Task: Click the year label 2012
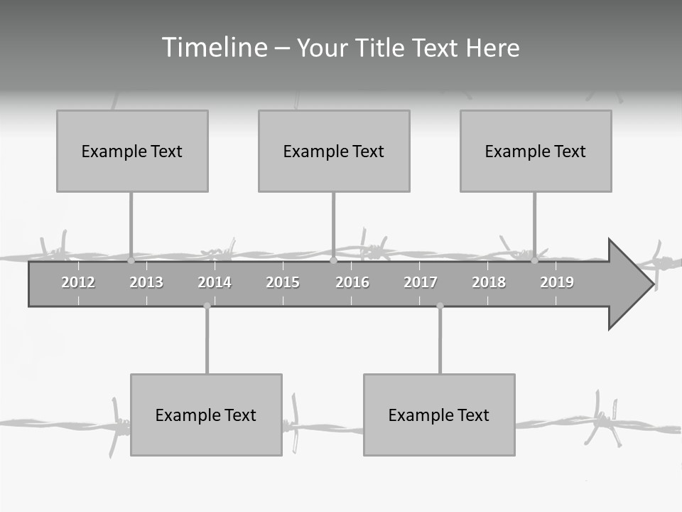click(78, 282)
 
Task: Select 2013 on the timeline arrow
click(146, 282)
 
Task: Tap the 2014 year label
click(215, 282)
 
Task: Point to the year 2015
click(283, 282)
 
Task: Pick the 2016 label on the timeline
click(352, 282)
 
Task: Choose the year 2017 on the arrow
click(421, 282)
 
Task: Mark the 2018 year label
click(489, 282)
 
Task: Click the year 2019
click(557, 282)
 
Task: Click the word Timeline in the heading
click(213, 48)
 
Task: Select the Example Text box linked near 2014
click(206, 415)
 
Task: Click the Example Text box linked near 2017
click(439, 415)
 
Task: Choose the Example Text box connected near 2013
click(132, 151)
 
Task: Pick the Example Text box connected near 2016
click(334, 151)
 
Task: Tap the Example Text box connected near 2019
click(536, 151)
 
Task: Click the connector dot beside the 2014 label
click(207, 306)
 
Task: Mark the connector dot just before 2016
click(334, 261)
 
